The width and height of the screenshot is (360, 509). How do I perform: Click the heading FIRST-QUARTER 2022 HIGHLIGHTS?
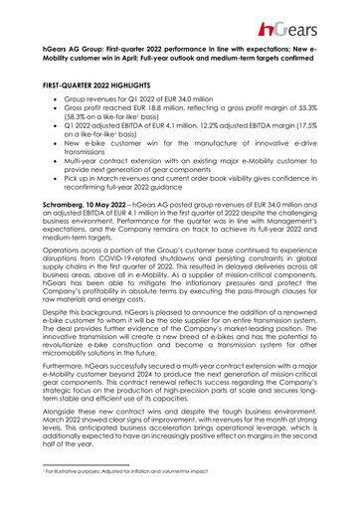[100, 87]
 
